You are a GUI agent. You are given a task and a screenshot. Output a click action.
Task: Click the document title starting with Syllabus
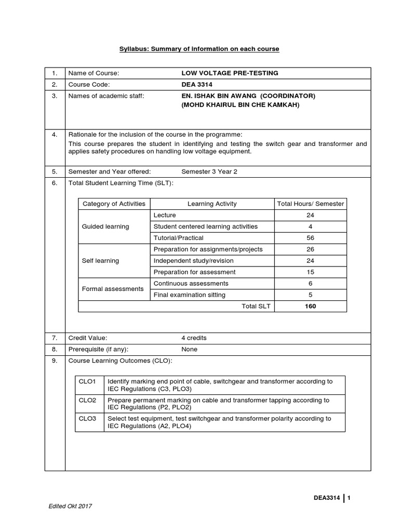[199, 49]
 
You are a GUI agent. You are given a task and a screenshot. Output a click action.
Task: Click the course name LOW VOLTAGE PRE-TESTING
[230, 73]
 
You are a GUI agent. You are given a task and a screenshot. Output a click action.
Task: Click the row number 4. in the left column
[54, 134]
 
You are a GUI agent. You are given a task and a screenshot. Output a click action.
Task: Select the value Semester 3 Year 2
[209, 171]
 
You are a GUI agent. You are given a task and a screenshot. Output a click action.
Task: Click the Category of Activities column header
[114, 204]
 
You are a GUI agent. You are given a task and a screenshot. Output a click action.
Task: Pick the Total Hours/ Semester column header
[311, 204]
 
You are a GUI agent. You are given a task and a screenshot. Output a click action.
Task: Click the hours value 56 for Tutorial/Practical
[311, 238]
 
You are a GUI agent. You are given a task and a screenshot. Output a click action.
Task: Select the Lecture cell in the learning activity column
[165, 215]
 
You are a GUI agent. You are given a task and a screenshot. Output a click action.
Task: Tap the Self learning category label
[100, 261]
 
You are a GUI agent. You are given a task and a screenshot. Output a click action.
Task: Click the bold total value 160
[311, 307]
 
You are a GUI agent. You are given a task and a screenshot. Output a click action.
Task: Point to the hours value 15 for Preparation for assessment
[311, 272]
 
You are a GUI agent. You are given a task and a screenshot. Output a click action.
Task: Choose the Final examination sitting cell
[189, 295]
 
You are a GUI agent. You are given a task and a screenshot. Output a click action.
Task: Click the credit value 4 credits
[194, 338]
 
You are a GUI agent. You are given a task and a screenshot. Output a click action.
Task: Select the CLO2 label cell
[88, 401]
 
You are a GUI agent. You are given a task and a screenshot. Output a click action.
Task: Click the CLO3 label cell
[88, 418]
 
